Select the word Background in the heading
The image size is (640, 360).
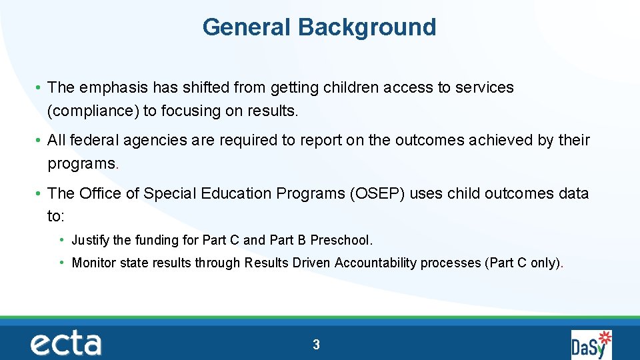[x=367, y=27]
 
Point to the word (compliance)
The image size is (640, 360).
[x=93, y=111]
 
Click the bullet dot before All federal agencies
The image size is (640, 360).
[x=41, y=141]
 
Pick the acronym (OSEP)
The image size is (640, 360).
[x=373, y=193]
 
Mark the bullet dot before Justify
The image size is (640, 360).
[x=61, y=240]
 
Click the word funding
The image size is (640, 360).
[x=158, y=240]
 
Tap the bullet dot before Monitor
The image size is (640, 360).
[x=61, y=263]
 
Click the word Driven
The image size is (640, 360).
[x=311, y=263]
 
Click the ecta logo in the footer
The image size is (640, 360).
[x=66, y=344]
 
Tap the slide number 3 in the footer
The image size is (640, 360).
[x=316, y=345]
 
